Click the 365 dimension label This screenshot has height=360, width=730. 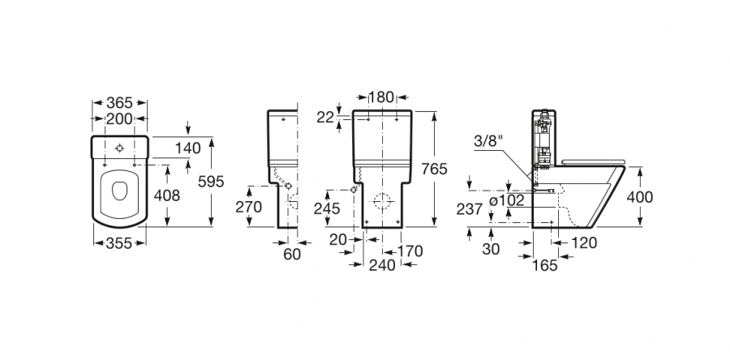tap(119, 103)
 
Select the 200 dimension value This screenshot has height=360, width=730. tap(119, 118)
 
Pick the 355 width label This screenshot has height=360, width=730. tap(119, 242)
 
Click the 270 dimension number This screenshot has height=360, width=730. tap(249, 207)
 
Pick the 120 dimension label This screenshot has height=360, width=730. tap(582, 242)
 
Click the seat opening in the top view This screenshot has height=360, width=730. tap(119, 191)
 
